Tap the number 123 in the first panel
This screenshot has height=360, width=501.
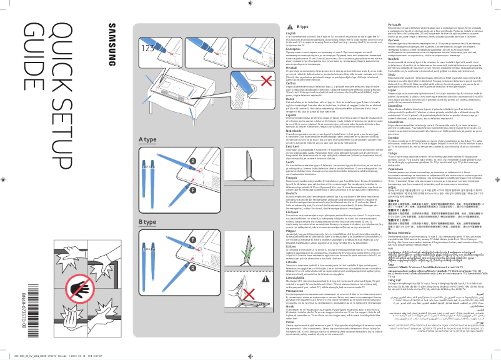pos(148,47)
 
